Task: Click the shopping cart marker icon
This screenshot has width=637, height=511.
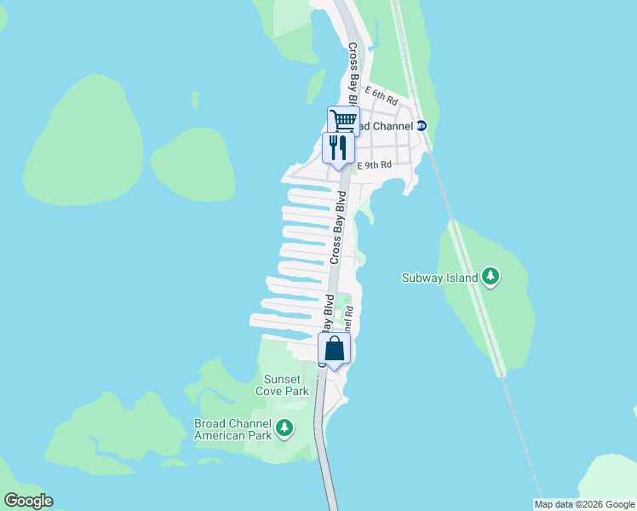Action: tap(343, 119)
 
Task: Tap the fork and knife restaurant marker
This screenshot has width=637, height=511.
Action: tap(338, 147)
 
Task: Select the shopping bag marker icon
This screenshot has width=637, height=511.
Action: tap(335, 347)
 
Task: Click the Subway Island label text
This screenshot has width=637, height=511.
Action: tap(439, 277)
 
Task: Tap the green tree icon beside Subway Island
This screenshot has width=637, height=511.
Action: tap(490, 277)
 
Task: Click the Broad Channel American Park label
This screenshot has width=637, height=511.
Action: tap(232, 429)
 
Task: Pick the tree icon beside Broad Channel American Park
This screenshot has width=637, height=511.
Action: tap(284, 428)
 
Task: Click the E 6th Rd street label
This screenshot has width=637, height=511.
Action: tap(381, 93)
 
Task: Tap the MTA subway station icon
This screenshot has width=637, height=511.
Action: tap(421, 126)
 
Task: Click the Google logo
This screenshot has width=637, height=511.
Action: tap(28, 500)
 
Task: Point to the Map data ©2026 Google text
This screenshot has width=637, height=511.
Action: tap(585, 504)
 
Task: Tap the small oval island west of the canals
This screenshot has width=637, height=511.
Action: tap(194, 164)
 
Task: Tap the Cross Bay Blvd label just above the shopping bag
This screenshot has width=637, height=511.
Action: tap(327, 317)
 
